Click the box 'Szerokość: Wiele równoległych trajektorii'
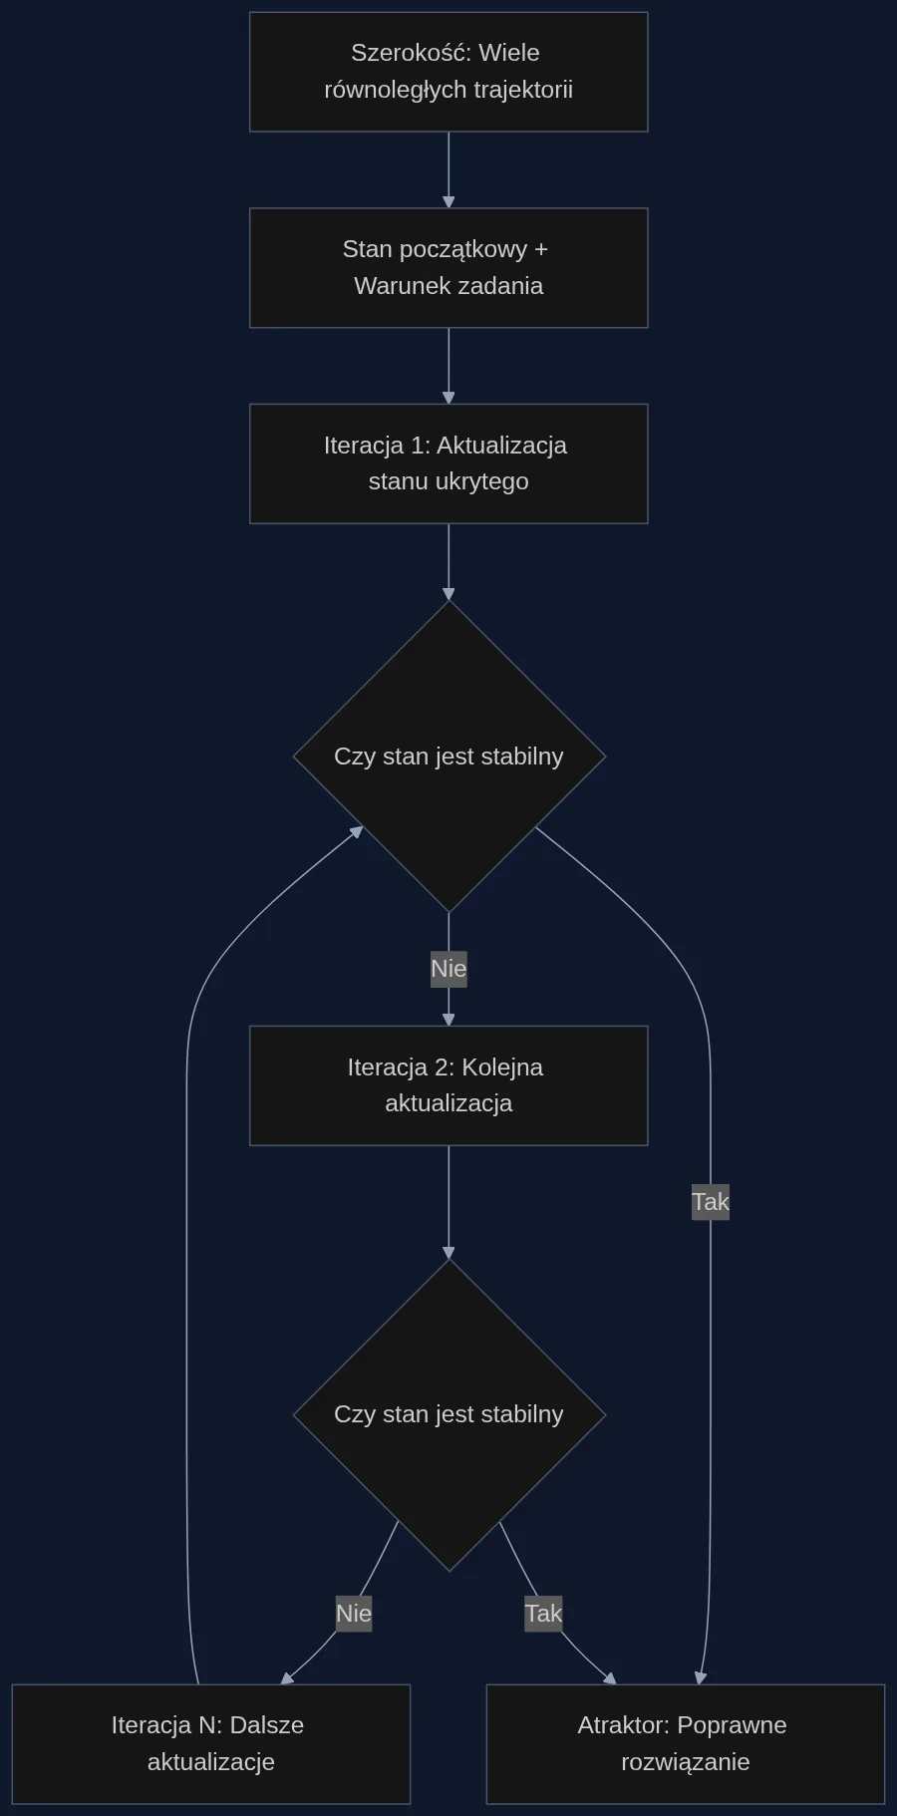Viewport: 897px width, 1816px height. click(448, 72)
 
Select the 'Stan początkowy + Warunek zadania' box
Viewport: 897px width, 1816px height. click(448, 268)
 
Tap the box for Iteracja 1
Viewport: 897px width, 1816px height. click(448, 463)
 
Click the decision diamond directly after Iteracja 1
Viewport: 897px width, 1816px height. click(448, 757)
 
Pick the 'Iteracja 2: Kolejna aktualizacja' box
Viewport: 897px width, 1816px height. click(448, 1085)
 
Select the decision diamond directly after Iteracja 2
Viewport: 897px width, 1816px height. click(448, 1414)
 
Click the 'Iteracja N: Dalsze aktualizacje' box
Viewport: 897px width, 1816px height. click(211, 1744)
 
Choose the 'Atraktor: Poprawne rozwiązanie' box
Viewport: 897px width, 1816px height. click(686, 1744)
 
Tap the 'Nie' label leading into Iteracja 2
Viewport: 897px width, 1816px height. click(448, 968)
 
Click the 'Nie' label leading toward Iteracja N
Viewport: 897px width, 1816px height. click(354, 1614)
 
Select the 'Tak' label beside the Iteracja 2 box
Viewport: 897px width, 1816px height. click(711, 1202)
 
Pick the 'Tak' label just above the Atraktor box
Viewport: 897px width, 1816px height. click(543, 1614)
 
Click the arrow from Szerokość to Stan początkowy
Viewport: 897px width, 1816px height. click(448, 170)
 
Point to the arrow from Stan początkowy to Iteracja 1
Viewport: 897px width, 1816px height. click(448, 366)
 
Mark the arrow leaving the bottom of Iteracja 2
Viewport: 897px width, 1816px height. click(448, 1202)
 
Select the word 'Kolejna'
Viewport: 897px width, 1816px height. click(502, 1067)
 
